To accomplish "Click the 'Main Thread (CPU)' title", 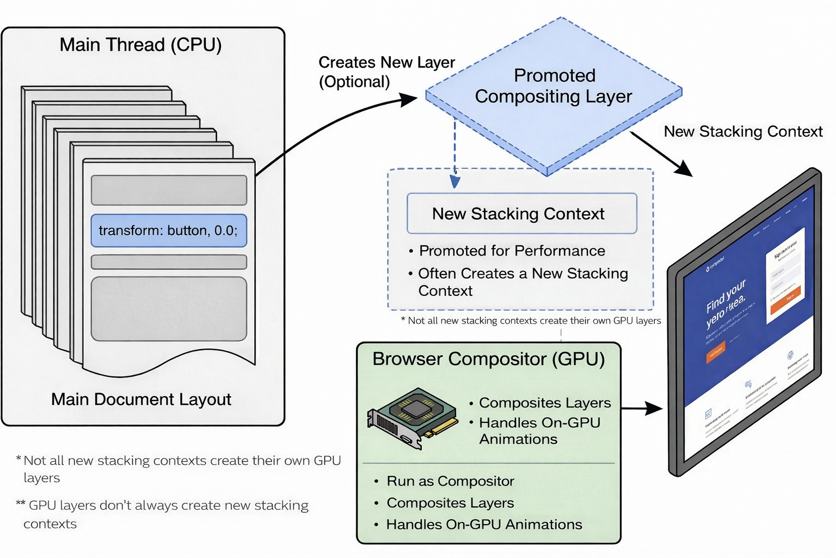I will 140,45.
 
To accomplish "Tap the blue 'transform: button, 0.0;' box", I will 169,231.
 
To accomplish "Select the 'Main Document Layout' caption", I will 141,399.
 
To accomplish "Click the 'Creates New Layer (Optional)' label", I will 386,71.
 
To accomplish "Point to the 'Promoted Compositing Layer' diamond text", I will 554,86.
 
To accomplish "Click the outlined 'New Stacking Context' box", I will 521,214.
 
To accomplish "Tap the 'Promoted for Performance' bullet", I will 512,251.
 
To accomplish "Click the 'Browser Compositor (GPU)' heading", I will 488,359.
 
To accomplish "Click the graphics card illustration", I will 412,417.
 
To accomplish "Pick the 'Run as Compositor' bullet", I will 450,481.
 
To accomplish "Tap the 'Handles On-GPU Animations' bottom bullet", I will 483,524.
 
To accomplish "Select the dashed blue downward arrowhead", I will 455,181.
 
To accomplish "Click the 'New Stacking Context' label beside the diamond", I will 743,131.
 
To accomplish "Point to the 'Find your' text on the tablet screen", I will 726,296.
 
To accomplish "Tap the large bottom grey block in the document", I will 169,309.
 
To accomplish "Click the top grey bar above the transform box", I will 169,190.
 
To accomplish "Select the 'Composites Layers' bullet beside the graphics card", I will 544,403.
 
